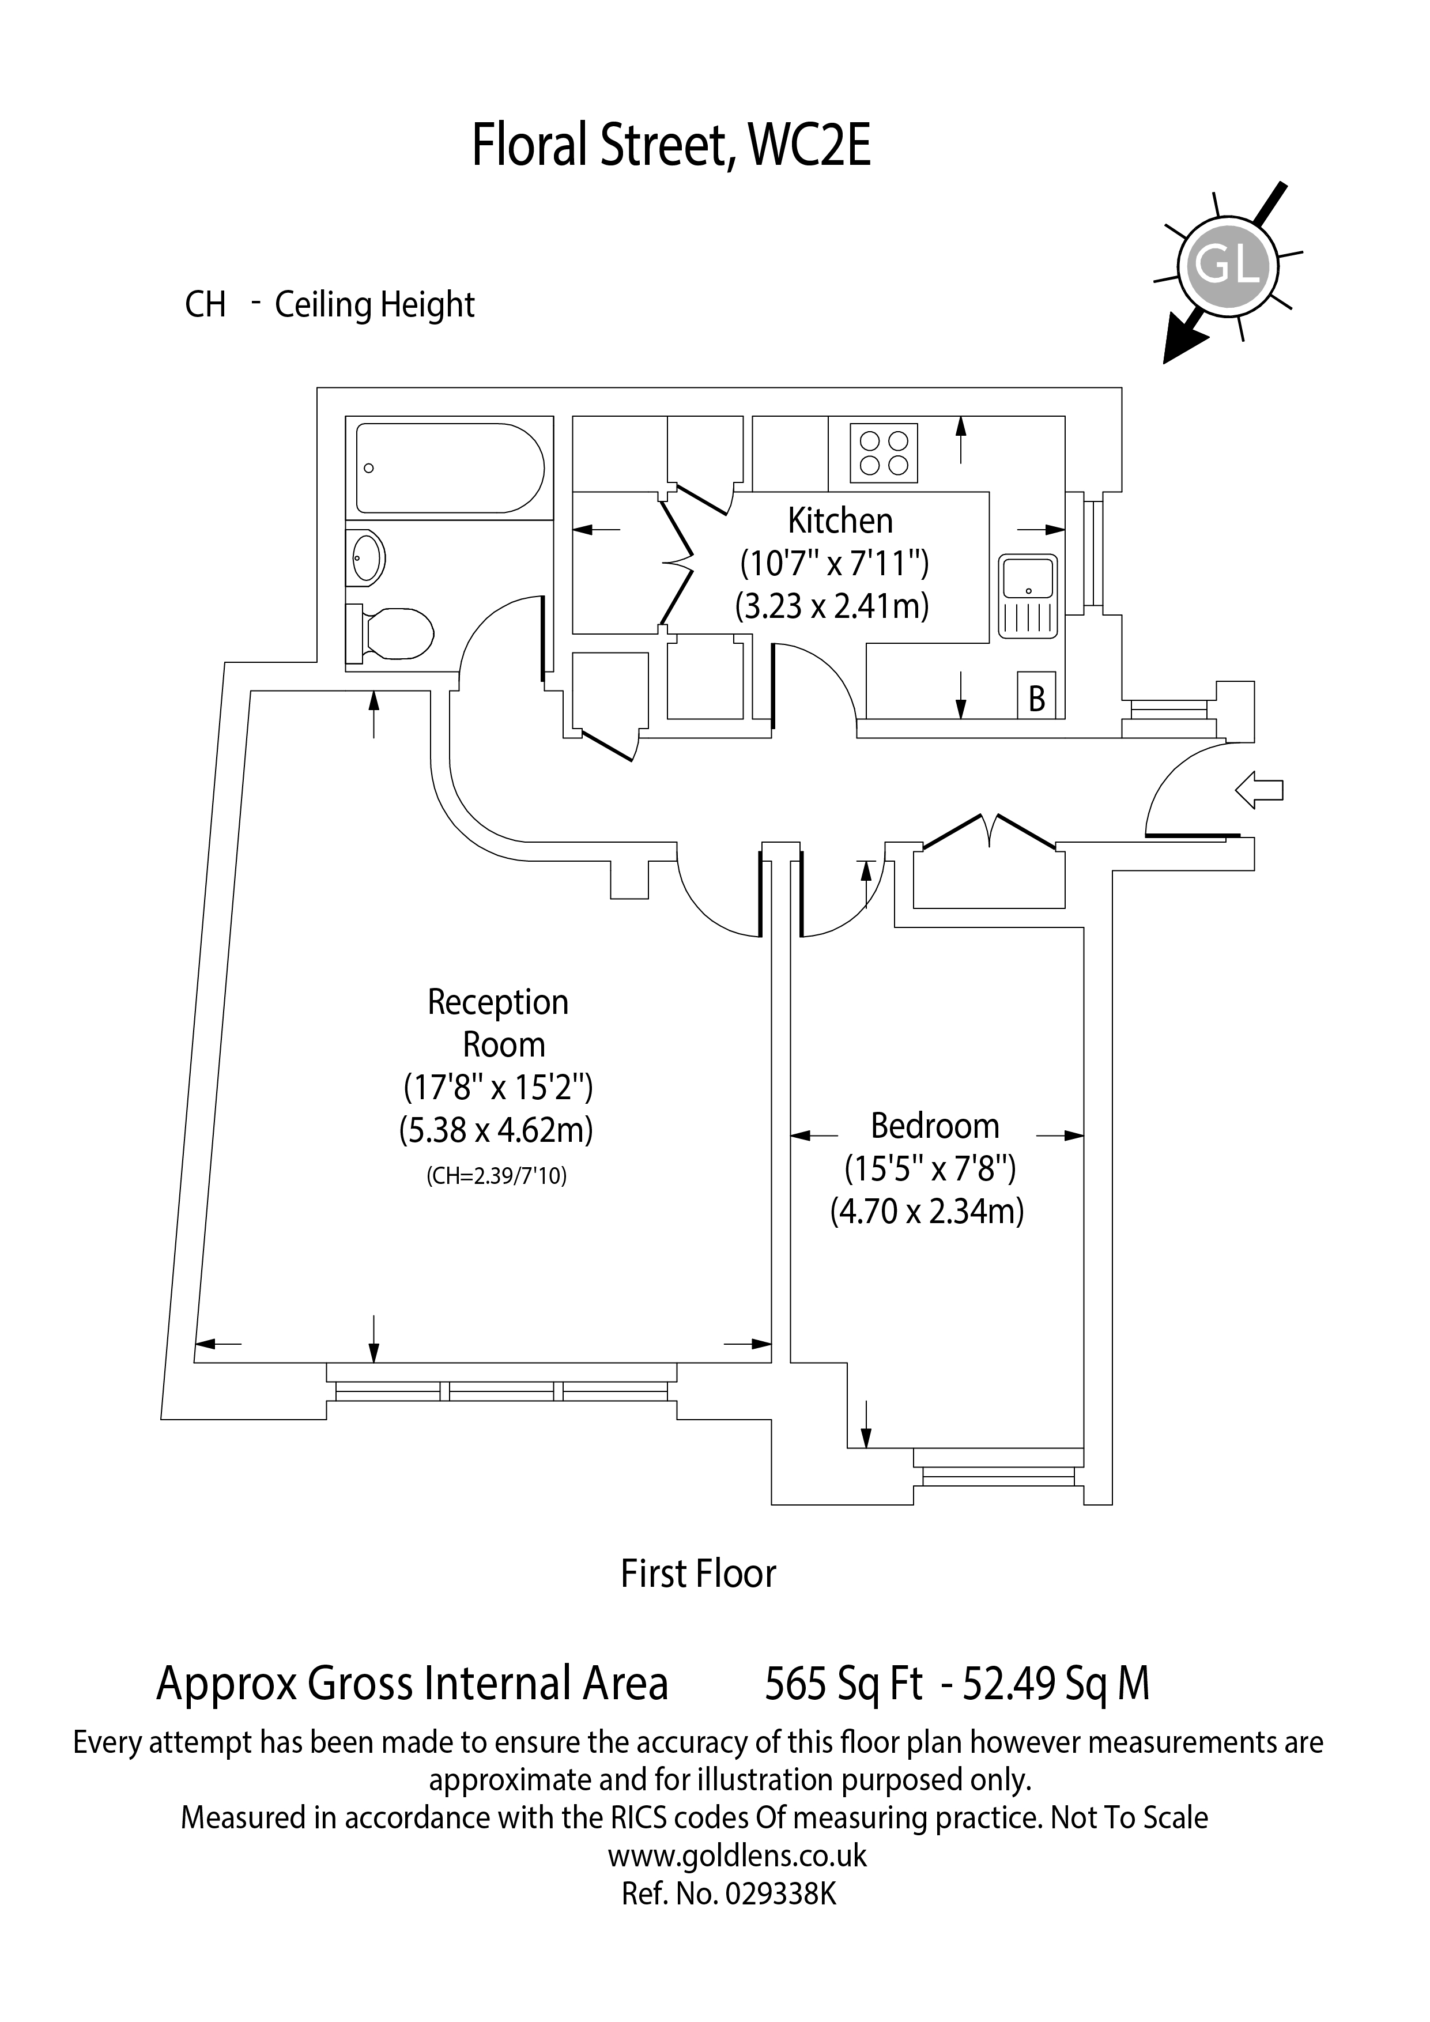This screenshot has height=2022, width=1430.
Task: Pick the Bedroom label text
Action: [934, 1126]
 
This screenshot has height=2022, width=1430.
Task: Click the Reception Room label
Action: [499, 1023]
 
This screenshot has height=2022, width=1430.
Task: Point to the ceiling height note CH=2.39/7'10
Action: [497, 1176]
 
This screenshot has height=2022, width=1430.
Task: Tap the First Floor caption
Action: [698, 1574]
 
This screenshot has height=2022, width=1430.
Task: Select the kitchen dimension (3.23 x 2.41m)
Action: [832, 606]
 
